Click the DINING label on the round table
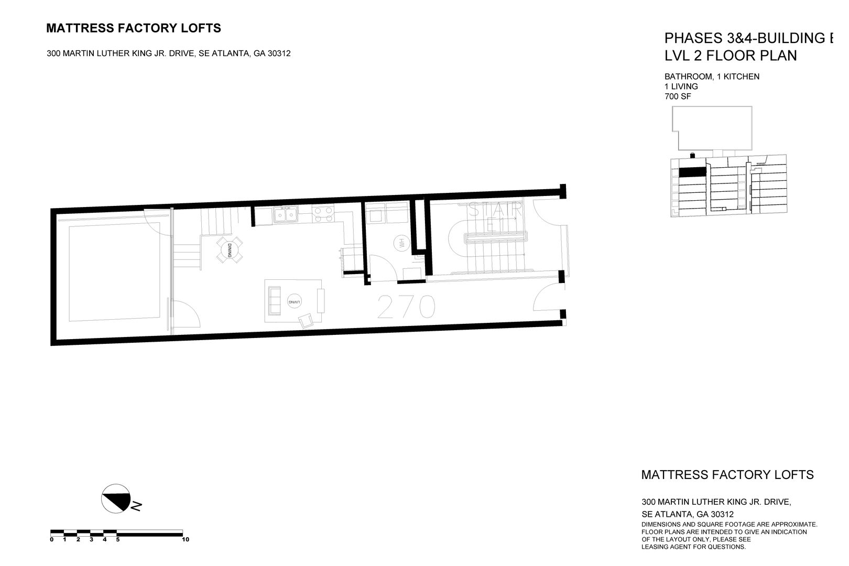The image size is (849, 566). click(230, 250)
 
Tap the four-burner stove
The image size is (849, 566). click(323, 214)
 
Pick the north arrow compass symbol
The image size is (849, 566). click(116, 497)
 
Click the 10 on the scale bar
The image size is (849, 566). click(185, 539)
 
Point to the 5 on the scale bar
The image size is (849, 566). click(118, 539)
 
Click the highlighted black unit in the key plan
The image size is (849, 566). click(693, 171)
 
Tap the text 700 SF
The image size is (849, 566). click(677, 96)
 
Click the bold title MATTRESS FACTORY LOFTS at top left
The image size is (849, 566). click(134, 28)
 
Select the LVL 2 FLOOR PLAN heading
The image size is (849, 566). click(731, 56)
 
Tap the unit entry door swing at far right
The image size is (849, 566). click(548, 299)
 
